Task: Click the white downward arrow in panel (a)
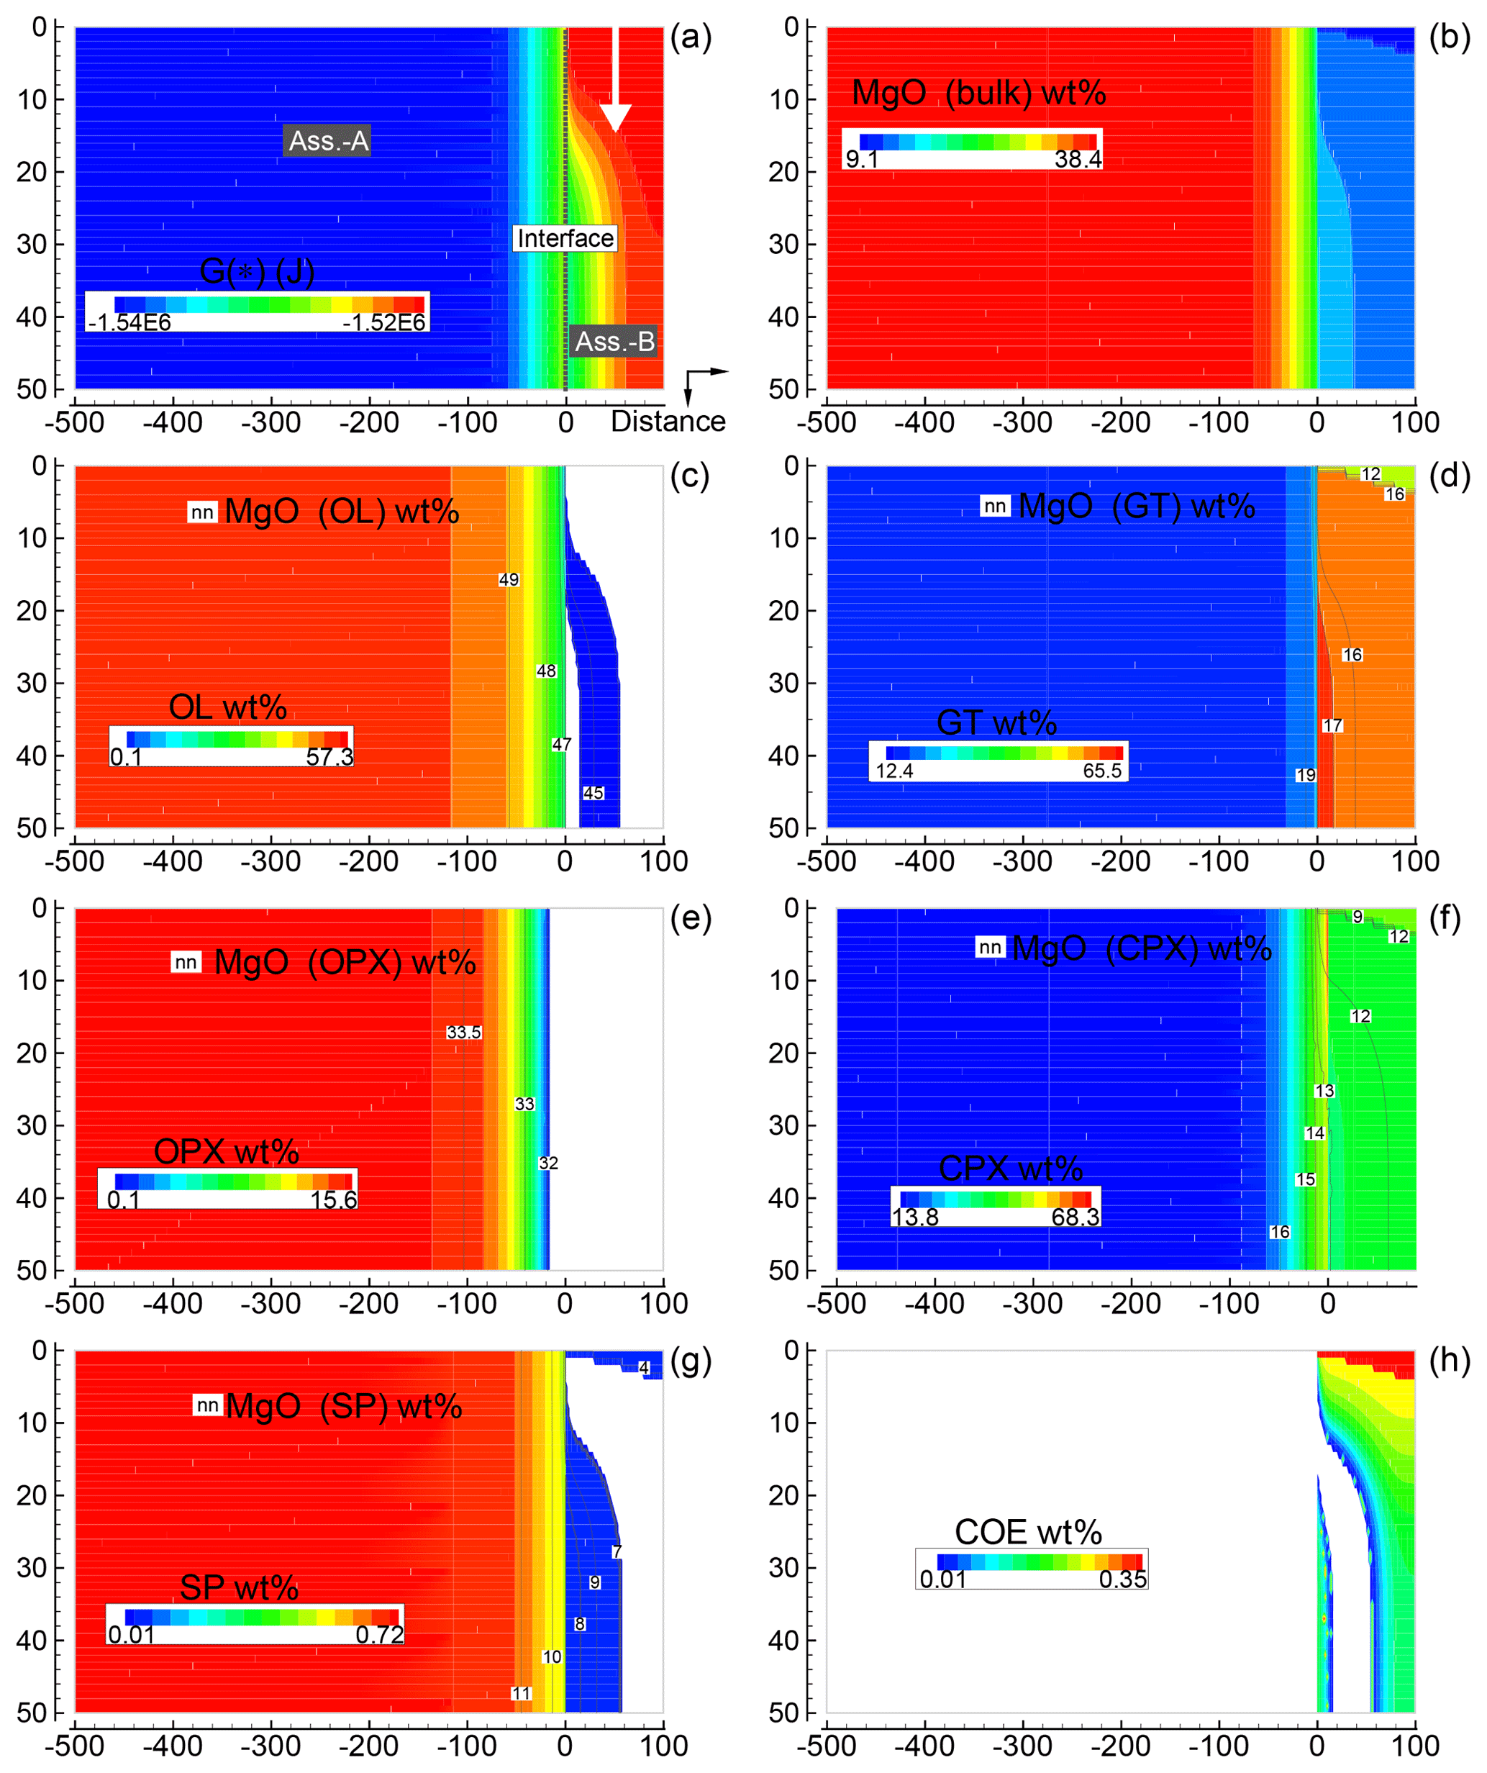point(615,80)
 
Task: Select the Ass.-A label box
point(327,140)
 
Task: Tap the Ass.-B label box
point(614,341)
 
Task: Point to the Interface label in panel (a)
point(565,238)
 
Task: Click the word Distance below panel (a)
point(668,421)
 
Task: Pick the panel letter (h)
point(1449,1360)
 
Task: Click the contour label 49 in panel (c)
point(508,579)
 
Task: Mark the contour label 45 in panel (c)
point(594,793)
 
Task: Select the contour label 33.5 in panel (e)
point(463,1032)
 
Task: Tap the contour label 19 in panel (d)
point(1305,774)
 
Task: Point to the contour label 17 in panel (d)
point(1332,725)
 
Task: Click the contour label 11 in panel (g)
point(521,1693)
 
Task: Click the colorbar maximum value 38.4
point(1077,159)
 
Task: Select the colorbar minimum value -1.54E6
point(130,322)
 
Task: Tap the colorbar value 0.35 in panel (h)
point(1122,1579)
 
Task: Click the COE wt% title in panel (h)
point(1028,1531)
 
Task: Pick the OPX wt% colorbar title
point(226,1151)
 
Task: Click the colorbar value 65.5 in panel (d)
point(1102,770)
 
